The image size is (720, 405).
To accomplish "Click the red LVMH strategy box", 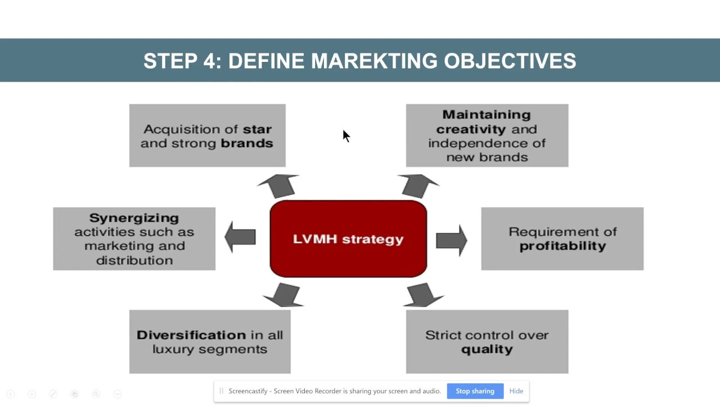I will pyautogui.click(x=348, y=239).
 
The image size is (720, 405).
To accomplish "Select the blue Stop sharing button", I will pyautogui.click(x=475, y=391).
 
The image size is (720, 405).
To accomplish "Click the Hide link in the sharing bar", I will pyautogui.click(x=516, y=391).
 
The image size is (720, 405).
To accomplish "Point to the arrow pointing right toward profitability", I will pyautogui.click(x=451, y=240).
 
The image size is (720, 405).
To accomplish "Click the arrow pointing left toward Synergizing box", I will pyautogui.click(x=240, y=237).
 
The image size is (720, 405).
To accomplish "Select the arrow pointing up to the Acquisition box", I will pyautogui.click(x=278, y=186).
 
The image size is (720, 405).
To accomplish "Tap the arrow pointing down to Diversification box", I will pyautogui.click(x=283, y=295).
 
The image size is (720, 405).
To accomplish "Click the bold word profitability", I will pyautogui.click(x=562, y=246).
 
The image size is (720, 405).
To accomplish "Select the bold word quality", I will pyautogui.click(x=487, y=349).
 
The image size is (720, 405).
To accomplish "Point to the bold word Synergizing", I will pyautogui.click(x=134, y=218).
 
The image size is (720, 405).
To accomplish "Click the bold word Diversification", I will pyautogui.click(x=191, y=335).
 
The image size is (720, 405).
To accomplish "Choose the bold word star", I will pyautogui.click(x=258, y=129).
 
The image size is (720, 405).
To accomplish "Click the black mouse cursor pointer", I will pyautogui.click(x=346, y=136).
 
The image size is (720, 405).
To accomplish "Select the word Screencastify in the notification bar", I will pyautogui.click(x=249, y=391).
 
